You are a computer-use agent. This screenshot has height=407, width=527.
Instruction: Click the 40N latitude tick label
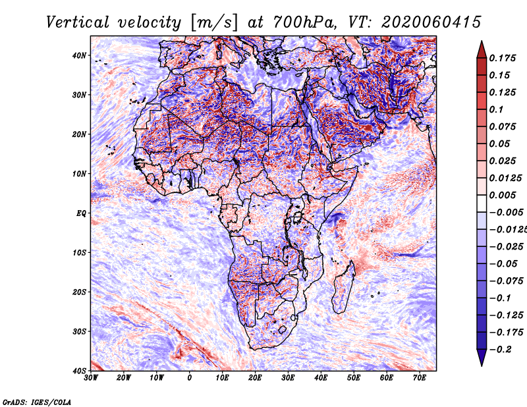tap(78, 55)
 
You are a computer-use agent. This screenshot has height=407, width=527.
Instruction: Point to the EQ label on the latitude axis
tap(81, 213)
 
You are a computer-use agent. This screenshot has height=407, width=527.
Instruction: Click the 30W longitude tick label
tap(91, 378)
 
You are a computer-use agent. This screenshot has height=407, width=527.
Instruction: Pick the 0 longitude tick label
tap(190, 378)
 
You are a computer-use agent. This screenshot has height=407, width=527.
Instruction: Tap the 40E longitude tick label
tap(321, 378)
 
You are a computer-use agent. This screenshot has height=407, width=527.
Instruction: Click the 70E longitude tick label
tap(420, 378)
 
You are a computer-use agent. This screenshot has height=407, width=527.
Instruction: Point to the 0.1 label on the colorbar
tap(497, 109)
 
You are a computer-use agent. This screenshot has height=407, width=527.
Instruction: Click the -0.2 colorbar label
tap(500, 350)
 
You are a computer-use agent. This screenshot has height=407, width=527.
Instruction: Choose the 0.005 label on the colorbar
tap(503, 195)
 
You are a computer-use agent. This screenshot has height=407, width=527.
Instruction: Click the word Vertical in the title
tap(78, 22)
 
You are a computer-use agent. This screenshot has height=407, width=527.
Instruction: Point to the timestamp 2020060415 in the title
tap(431, 22)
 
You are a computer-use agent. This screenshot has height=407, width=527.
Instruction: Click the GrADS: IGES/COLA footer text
tap(37, 402)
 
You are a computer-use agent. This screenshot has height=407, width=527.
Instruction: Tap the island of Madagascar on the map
tap(344, 288)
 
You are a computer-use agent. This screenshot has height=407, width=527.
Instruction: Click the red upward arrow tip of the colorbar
tap(482, 41)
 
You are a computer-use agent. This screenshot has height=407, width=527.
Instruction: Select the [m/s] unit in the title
tap(214, 22)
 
